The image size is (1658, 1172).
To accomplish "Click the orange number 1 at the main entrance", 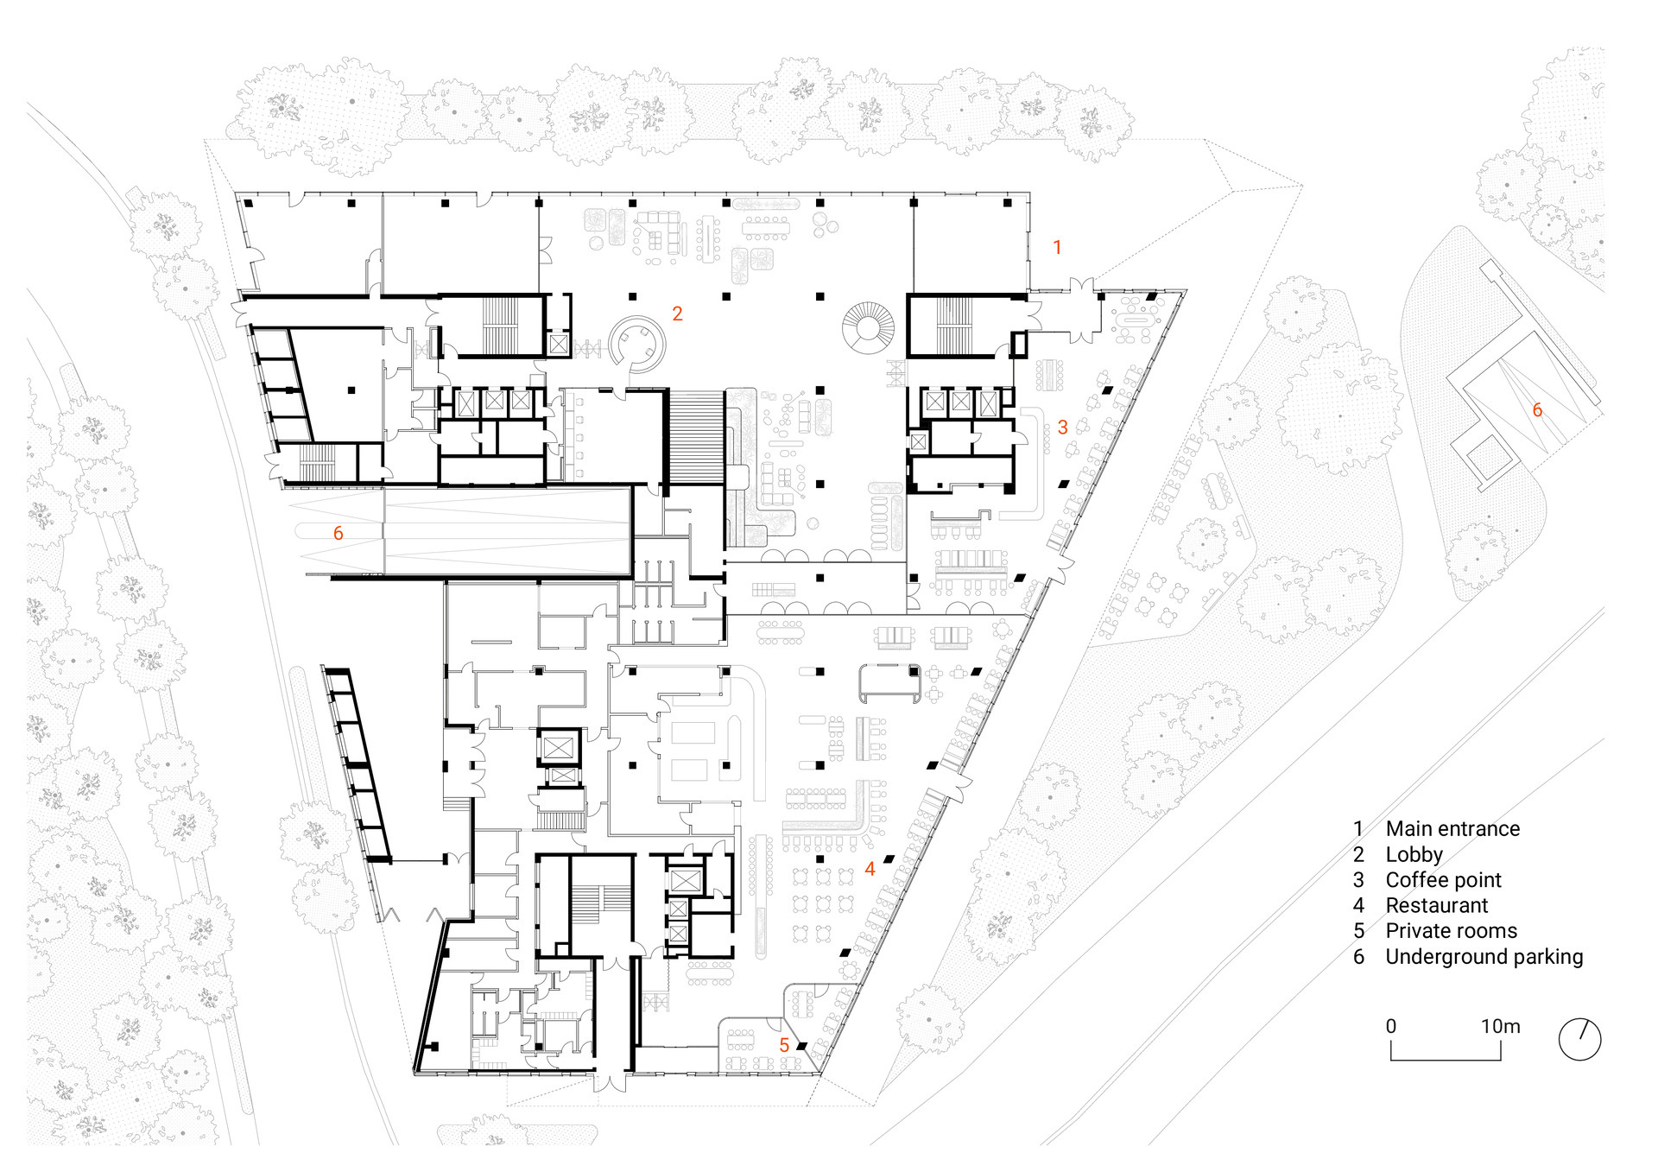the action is (1057, 247).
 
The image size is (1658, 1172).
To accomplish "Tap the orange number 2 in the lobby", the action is (677, 314).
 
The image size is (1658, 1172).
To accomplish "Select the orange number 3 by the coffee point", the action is (1062, 427).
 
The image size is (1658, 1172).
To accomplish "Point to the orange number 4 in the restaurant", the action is (870, 869).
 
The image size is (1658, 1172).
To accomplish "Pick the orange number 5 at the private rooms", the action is (784, 1045).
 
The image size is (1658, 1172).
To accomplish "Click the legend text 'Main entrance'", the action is (1452, 829).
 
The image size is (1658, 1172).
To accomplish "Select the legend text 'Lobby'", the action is (1414, 855).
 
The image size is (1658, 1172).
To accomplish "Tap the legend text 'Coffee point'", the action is (1443, 880).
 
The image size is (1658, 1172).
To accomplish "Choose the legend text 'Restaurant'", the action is (1437, 905).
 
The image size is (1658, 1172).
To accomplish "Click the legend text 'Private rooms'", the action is (1451, 931).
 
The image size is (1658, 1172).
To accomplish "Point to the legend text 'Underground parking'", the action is (1484, 957).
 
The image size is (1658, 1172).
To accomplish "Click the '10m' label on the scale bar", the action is (1501, 1026).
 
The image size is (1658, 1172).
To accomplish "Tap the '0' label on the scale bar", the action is (1391, 1026).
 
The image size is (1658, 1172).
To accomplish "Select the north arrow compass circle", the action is (1580, 1039).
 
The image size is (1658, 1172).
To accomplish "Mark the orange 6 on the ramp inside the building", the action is (338, 534).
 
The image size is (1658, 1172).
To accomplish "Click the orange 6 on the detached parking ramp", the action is (1537, 410).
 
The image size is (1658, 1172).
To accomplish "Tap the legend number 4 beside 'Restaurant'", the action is (1358, 905).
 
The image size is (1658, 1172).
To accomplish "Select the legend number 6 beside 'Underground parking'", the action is (1358, 957).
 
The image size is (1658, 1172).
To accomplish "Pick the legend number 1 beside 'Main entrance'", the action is (1358, 829).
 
